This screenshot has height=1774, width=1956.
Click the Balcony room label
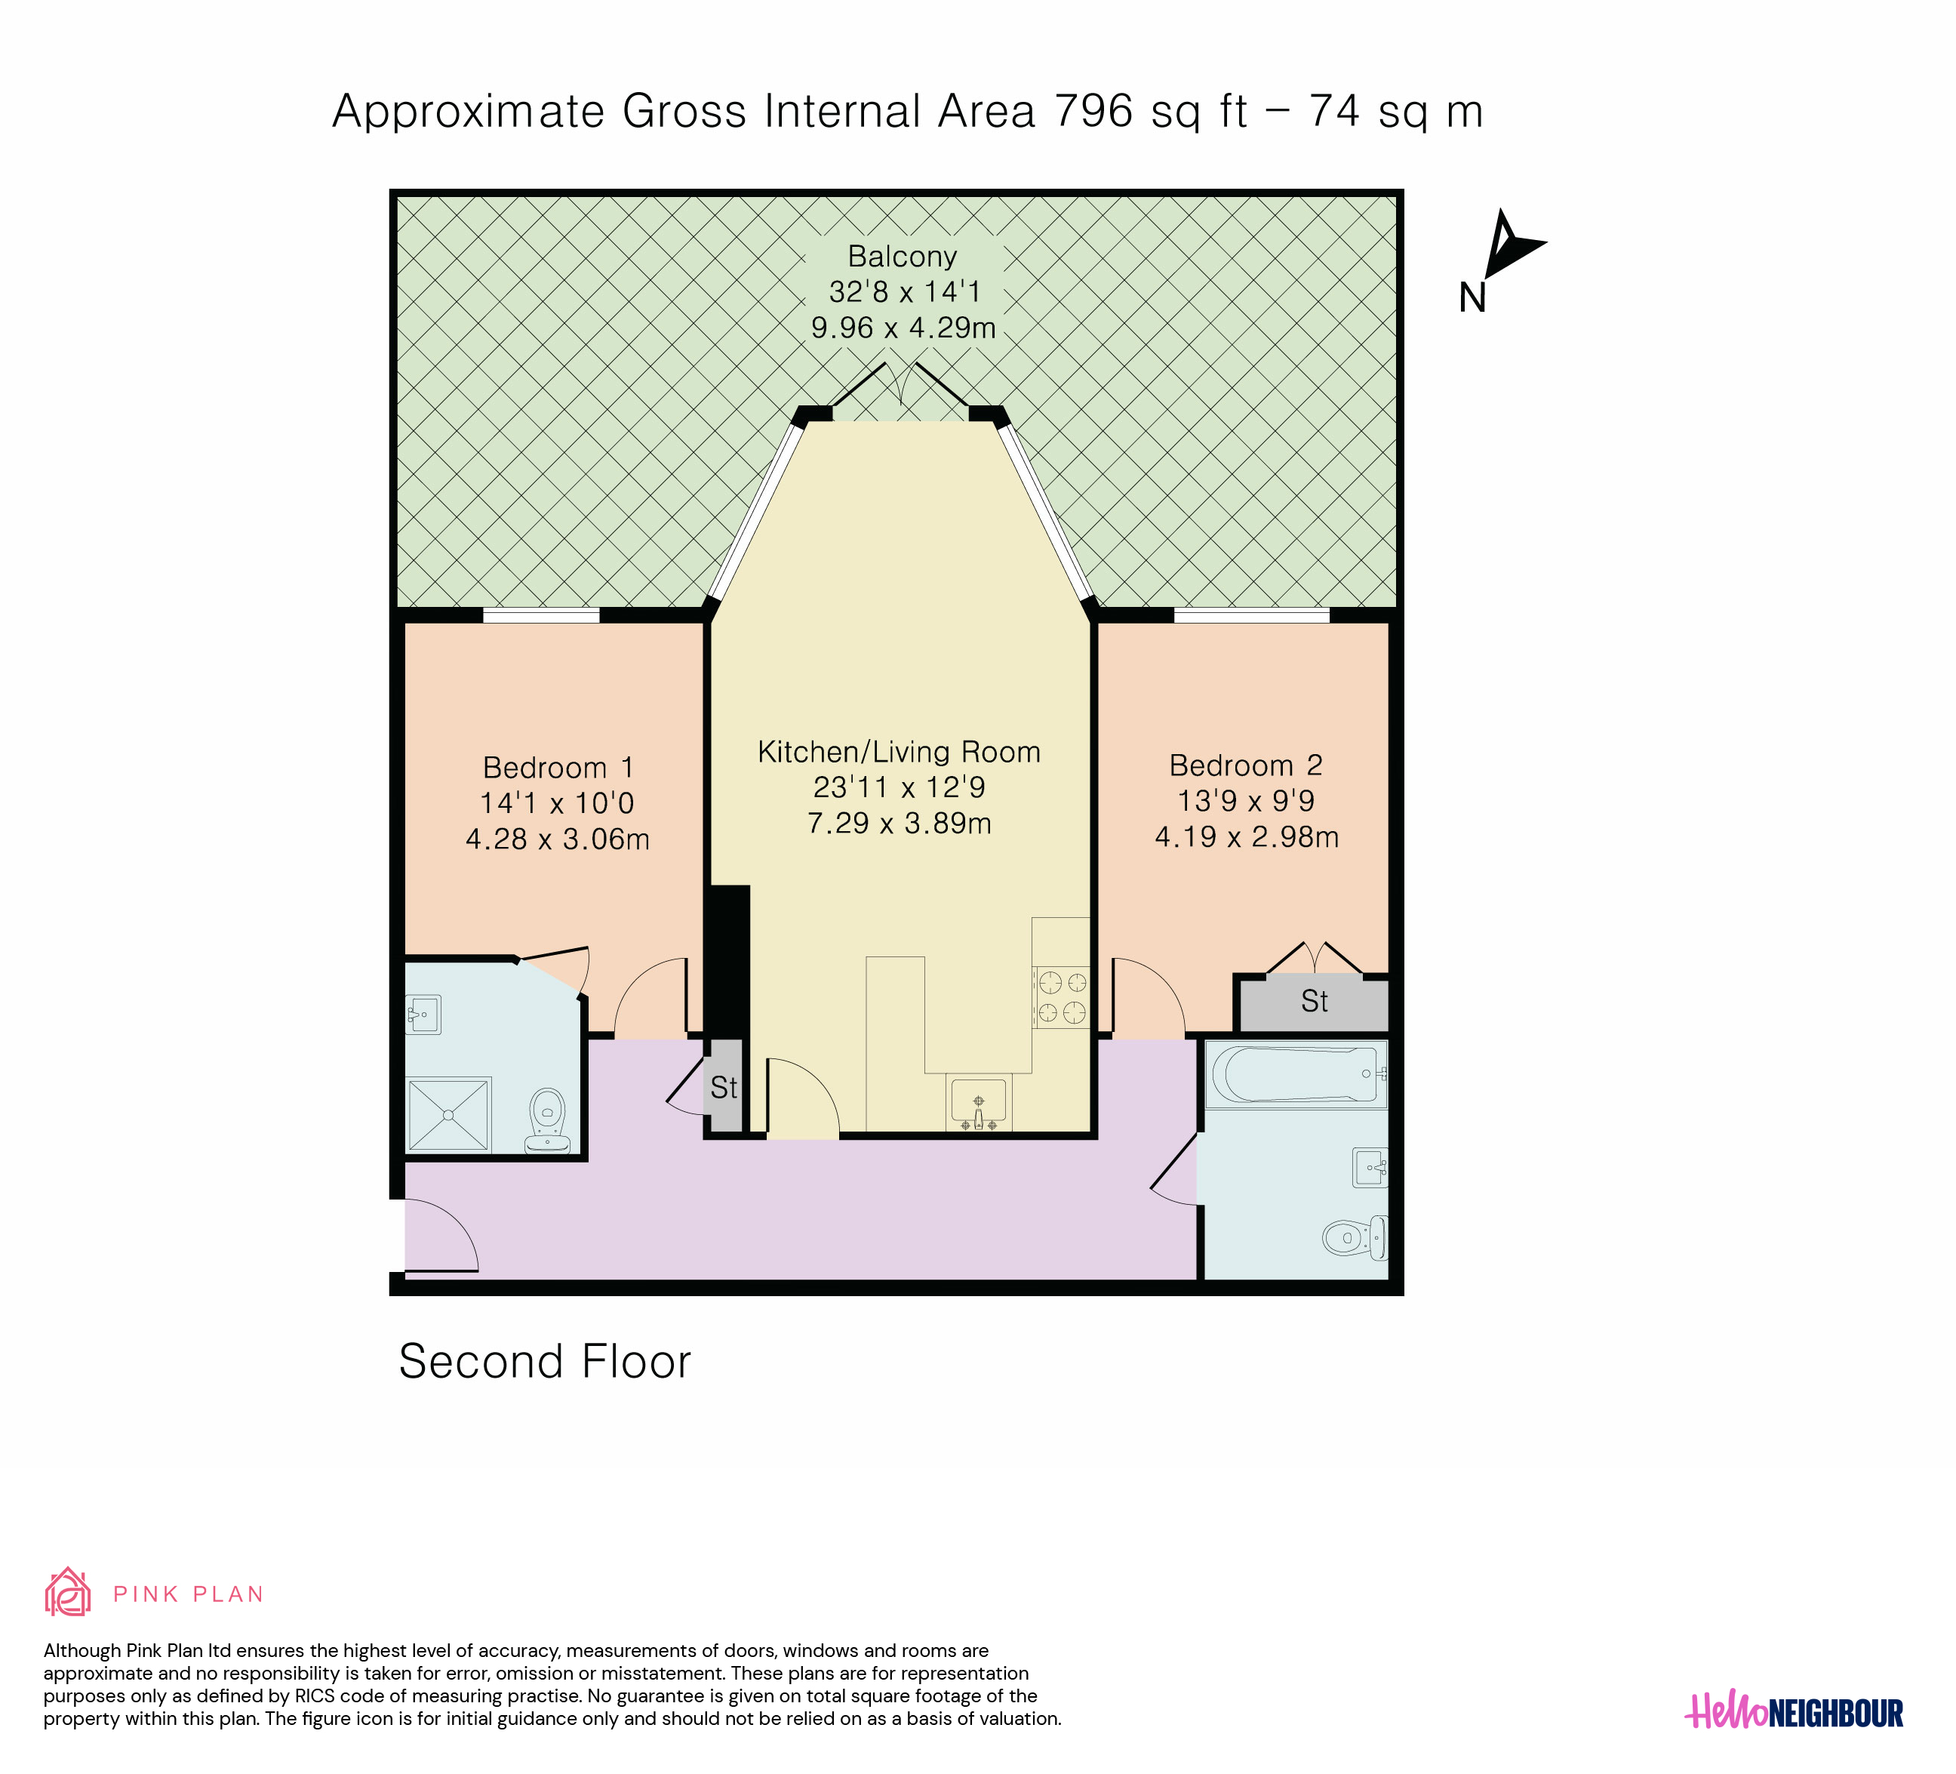[x=903, y=256]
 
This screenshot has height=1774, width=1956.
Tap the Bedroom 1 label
[x=558, y=768]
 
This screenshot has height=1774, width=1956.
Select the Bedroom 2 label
[x=1246, y=765]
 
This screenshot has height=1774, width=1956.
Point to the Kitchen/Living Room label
[x=900, y=752]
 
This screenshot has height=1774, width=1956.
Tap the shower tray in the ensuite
[x=448, y=1115]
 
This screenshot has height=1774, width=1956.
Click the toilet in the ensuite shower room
[x=547, y=1121]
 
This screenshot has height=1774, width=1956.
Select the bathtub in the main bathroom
[x=1295, y=1074]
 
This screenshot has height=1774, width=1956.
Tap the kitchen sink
[x=978, y=1104]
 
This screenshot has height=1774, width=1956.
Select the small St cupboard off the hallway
[x=724, y=1087]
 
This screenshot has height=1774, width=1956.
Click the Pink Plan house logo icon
[x=68, y=1593]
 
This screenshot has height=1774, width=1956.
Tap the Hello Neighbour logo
[x=1794, y=1713]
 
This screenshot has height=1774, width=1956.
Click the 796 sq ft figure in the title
[x=1151, y=112]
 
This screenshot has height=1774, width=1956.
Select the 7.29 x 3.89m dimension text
[x=900, y=824]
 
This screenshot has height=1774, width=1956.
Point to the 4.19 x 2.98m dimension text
[x=1247, y=837]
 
